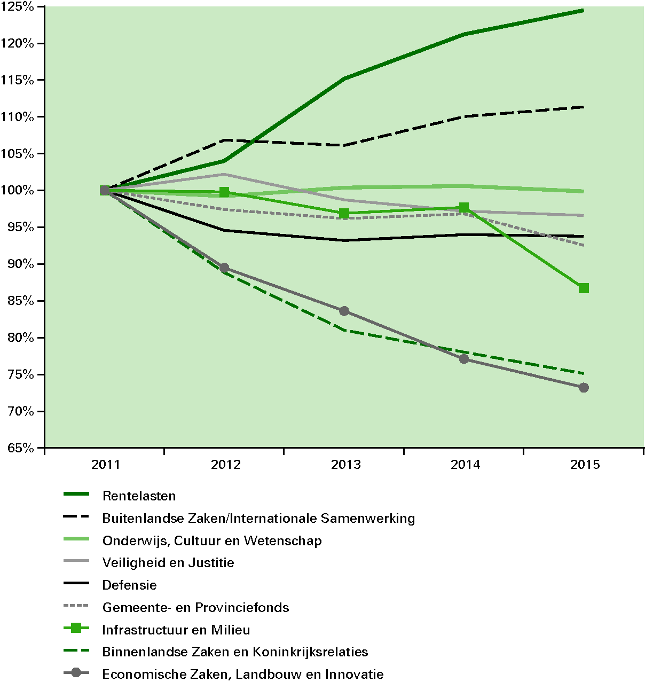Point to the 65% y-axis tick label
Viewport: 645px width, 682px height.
point(20,448)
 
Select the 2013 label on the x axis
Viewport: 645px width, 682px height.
point(345,465)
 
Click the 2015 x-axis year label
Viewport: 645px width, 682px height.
point(585,465)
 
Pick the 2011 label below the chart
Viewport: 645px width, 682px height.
point(106,465)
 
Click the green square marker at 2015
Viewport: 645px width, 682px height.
point(584,288)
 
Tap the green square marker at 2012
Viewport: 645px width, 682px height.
point(224,192)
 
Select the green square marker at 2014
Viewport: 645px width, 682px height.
point(464,208)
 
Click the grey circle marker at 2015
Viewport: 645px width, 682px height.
point(584,388)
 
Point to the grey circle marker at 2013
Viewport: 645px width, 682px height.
point(344,311)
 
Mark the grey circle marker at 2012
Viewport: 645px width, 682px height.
point(224,268)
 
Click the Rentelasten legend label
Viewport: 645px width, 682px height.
point(139,496)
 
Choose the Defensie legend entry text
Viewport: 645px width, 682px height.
point(130,585)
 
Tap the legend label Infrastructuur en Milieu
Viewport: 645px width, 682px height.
point(176,630)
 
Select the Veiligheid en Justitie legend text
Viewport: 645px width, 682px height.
point(168,563)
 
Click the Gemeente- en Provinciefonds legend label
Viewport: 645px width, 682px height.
point(195,608)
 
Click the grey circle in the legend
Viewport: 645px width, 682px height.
point(76,673)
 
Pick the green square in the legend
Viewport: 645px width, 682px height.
point(76,629)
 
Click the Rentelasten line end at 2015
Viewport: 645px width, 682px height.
point(583,10)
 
